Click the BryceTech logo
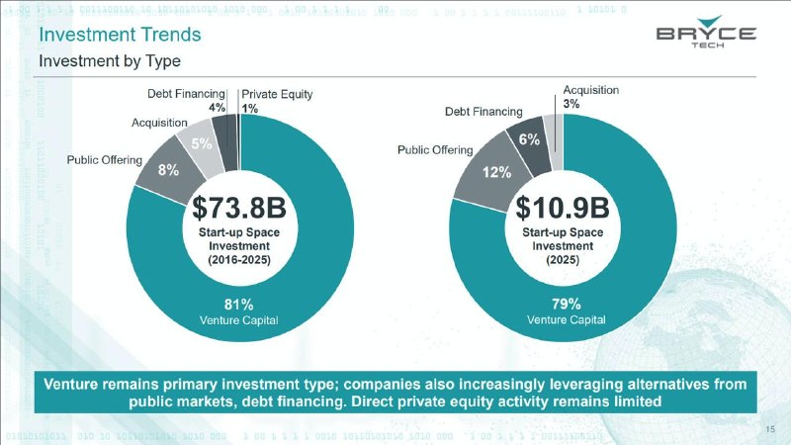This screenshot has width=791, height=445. (x=706, y=32)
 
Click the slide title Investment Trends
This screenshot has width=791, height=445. (x=120, y=35)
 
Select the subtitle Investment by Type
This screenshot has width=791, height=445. (x=110, y=61)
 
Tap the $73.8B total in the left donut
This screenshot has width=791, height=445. (x=239, y=208)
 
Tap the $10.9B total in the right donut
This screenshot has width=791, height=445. (x=563, y=208)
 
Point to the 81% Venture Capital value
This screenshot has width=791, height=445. (x=238, y=305)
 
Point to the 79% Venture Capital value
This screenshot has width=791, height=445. (x=566, y=304)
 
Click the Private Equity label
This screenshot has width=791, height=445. (x=277, y=94)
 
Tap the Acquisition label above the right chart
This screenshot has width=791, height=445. (x=590, y=90)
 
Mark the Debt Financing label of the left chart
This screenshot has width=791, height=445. (x=186, y=94)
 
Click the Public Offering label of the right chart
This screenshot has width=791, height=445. (x=435, y=150)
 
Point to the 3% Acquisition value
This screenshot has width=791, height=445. (x=571, y=104)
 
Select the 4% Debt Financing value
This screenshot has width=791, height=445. (x=217, y=108)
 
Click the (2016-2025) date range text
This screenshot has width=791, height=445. (x=239, y=260)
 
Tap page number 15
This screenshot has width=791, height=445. (x=770, y=429)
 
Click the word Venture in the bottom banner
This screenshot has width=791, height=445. (x=70, y=385)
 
